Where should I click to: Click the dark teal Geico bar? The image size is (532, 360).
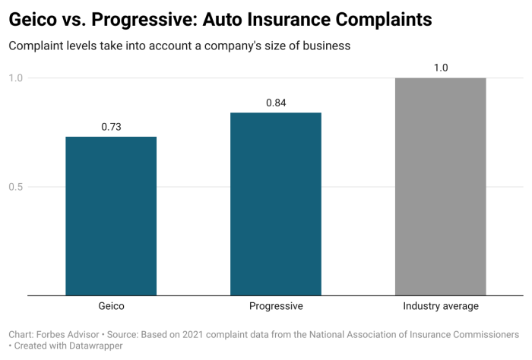tap(111, 216)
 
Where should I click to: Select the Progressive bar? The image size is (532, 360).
tap(276, 204)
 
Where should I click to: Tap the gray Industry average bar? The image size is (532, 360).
tap(441, 186)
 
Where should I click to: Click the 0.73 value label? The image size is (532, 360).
tap(112, 127)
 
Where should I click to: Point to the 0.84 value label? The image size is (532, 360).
tap(276, 103)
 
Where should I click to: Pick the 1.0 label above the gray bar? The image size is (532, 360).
tap(441, 68)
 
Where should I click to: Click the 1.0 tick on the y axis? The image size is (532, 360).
tap(16, 78)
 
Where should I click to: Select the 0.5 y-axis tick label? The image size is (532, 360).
tap(16, 187)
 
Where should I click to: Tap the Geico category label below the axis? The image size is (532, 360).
tap(111, 306)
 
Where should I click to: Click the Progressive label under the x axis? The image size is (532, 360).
tap(276, 306)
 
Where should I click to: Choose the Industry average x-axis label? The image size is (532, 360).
tap(441, 306)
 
